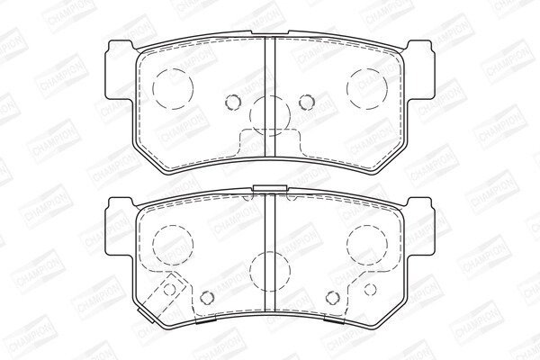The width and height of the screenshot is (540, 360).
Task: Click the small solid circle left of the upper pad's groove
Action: click(x=232, y=102)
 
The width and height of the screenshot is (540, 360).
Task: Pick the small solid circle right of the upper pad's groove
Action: click(x=307, y=102)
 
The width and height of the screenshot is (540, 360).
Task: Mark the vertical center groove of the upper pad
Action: click(x=270, y=96)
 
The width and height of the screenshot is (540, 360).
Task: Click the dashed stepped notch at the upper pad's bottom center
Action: click(x=270, y=142)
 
